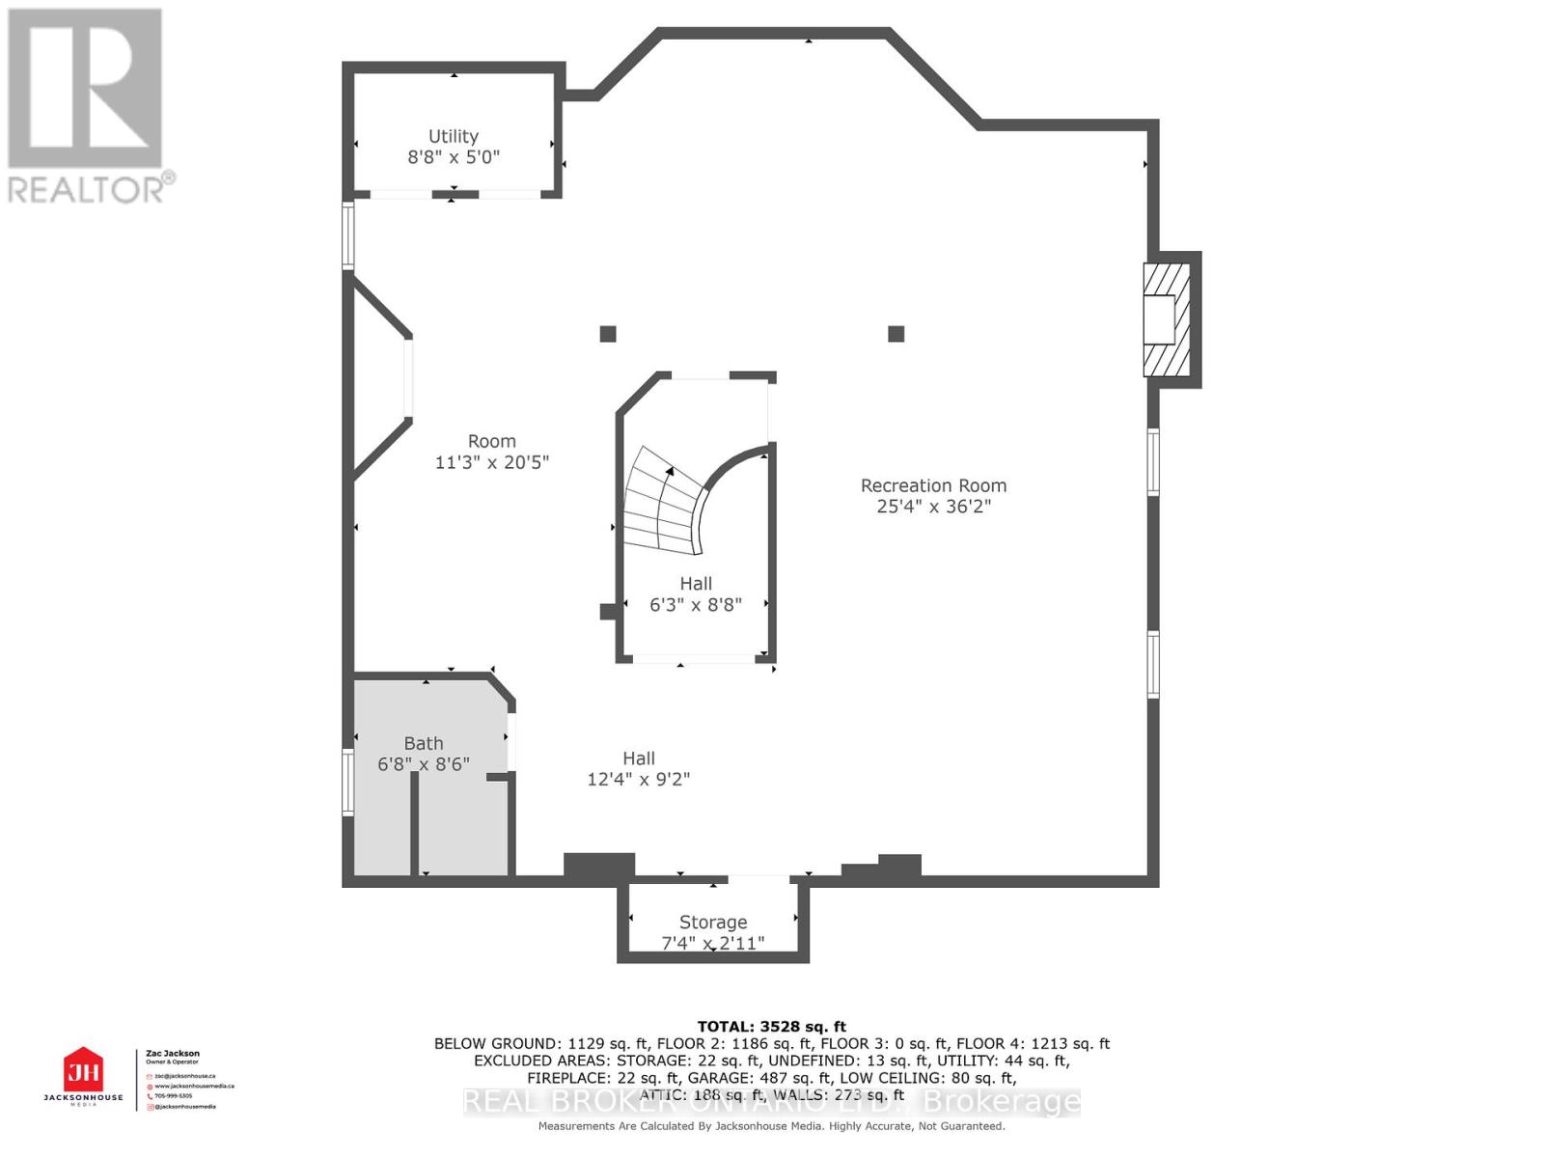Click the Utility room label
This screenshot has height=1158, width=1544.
coord(453,136)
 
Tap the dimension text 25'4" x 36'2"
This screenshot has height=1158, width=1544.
coord(933,507)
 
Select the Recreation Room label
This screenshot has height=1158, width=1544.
coord(933,485)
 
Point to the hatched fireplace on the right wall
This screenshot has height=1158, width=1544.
coord(1167,319)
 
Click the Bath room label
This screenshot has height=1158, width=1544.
coord(423,743)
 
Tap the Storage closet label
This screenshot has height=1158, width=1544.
coord(712,922)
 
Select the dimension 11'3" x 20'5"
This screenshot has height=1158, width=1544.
coord(491,462)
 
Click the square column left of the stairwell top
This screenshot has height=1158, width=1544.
coord(608,334)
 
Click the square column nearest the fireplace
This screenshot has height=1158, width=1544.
coord(896,334)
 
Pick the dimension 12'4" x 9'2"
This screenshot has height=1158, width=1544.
coord(638,780)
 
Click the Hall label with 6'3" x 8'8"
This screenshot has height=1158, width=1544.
coord(695,584)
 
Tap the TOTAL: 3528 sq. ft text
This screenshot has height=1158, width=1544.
coord(771,1027)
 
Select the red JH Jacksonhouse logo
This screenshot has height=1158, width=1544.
coord(83,1071)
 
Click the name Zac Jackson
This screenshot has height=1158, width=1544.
coord(173,1054)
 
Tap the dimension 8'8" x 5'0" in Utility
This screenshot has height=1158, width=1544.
coord(453,157)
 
